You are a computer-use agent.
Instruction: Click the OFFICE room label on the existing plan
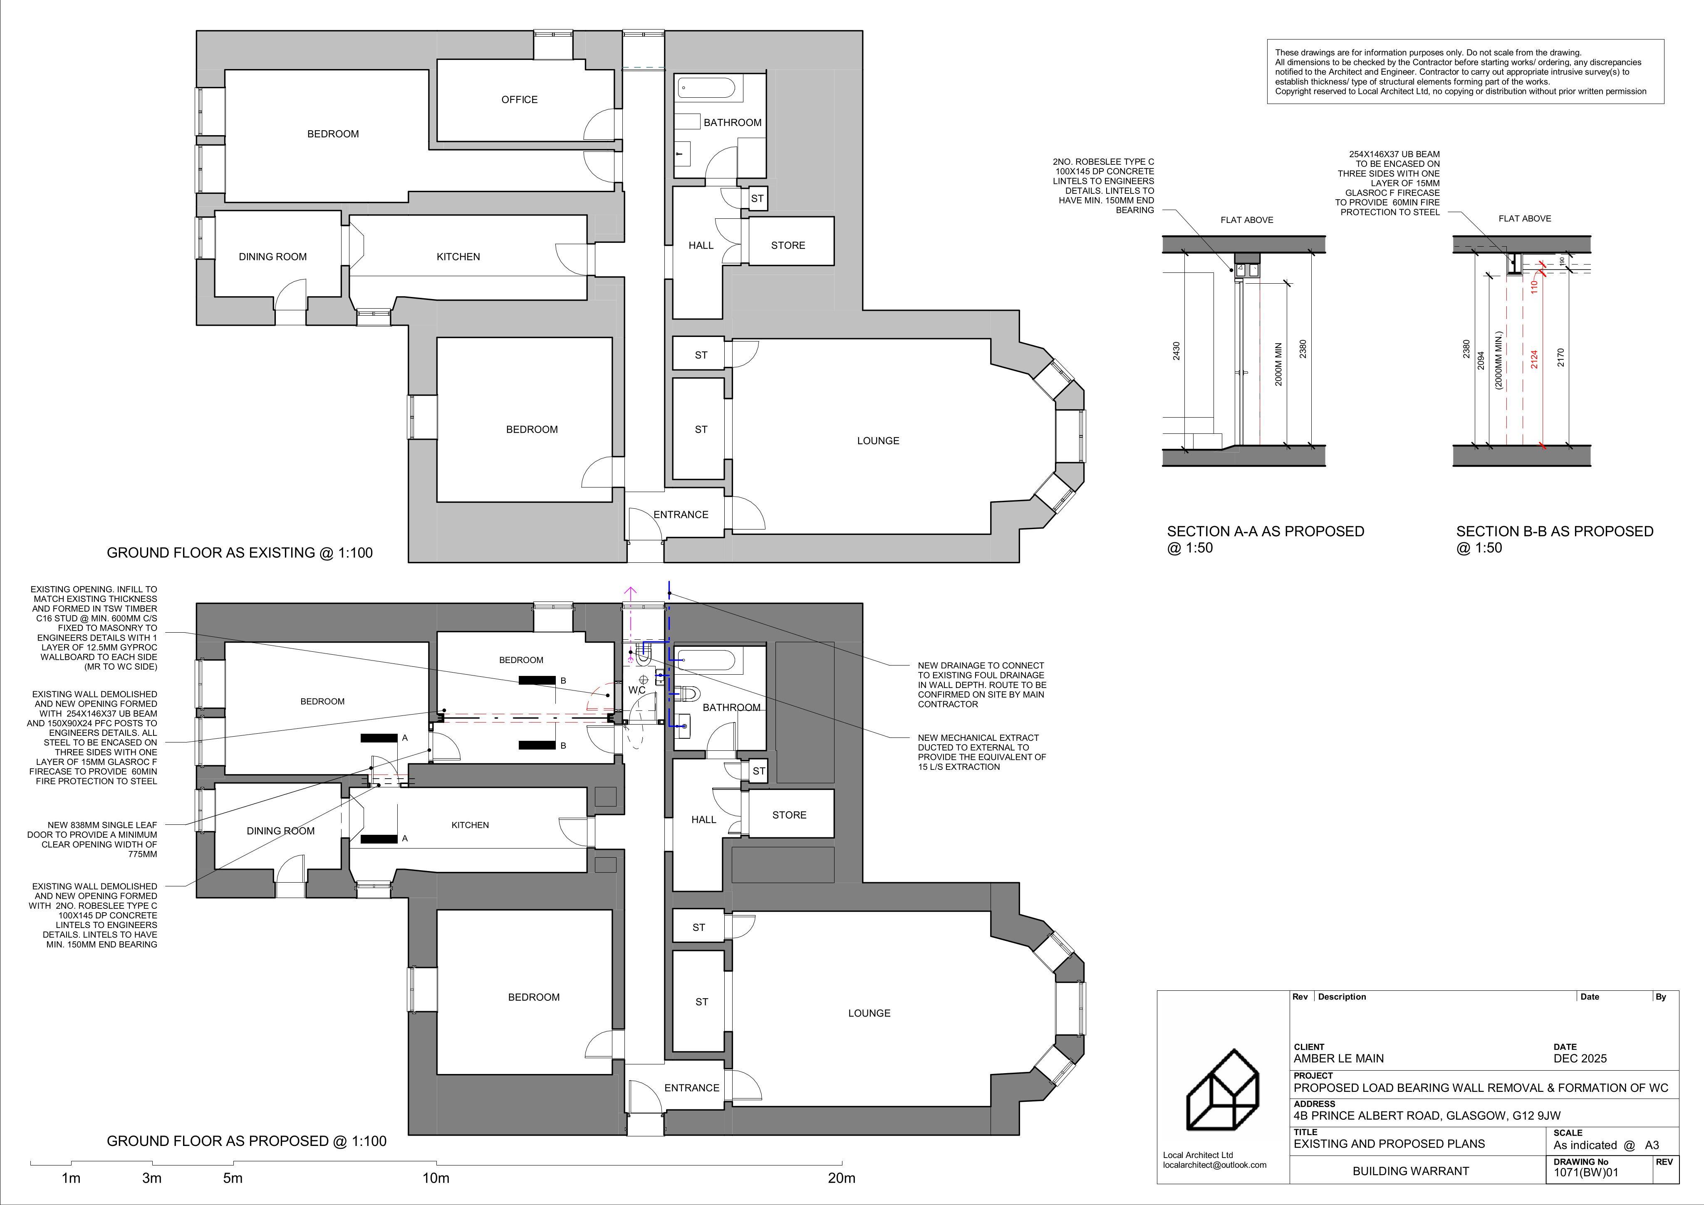[520, 99]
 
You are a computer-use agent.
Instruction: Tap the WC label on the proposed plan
[637, 690]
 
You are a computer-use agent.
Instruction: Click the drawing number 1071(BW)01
[1586, 1173]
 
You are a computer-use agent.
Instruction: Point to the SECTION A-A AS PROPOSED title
[1266, 531]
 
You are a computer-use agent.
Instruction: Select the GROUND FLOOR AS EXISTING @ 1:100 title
[240, 553]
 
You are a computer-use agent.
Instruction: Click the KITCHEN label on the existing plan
[458, 257]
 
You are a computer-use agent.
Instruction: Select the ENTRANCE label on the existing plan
[681, 514]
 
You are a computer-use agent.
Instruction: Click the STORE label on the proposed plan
[789, 815]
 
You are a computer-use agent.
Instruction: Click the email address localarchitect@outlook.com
[1214, 1165]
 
